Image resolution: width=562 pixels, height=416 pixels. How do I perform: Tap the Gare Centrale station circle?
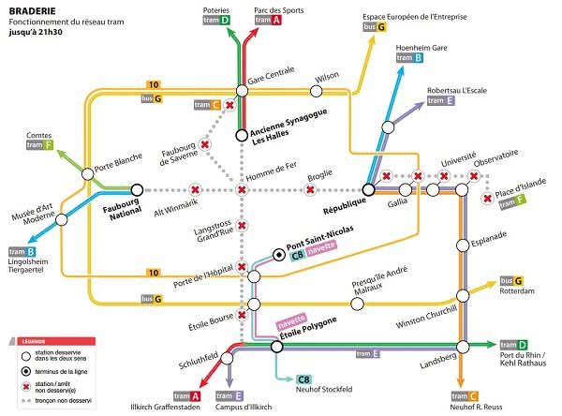[242, 90]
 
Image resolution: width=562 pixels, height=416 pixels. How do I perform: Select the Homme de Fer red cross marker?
[242, 190]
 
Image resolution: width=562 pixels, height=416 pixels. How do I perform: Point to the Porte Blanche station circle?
[87, 173]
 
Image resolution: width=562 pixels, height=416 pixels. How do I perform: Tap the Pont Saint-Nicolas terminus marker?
[278, 254]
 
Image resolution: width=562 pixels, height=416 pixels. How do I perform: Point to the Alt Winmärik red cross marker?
[196, 190]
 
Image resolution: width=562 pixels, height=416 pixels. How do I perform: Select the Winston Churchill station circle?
[462, 296]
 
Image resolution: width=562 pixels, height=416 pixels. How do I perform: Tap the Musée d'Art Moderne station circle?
[63, 220]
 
